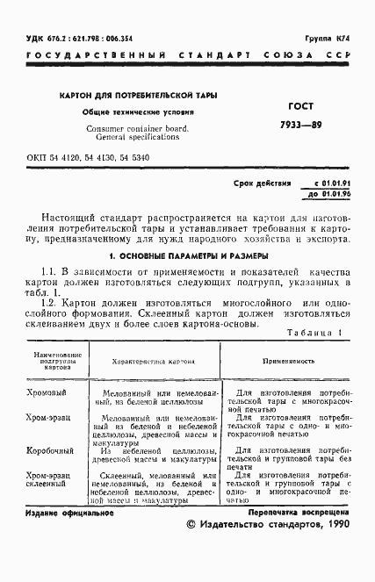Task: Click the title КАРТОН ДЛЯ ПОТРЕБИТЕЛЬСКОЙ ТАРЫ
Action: (x=139, y=95)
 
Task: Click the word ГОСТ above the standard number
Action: (x=302, y=104)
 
